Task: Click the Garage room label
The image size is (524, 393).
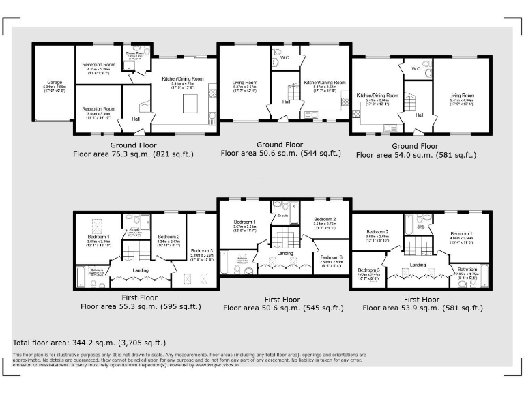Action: coord(55,83)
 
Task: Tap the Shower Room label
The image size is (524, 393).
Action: coord(134,53)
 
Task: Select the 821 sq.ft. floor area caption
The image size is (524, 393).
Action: coord(133,154)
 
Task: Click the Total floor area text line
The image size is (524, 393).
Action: coord(89,342)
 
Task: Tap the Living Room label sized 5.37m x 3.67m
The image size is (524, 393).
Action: coord(244,83)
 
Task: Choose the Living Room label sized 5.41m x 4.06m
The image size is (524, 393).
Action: coord(461,96)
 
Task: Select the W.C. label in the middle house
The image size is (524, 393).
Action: coord(285,58)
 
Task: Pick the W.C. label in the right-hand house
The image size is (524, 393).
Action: coord(416,69)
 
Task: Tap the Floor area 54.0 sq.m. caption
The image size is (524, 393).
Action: coord(416,155)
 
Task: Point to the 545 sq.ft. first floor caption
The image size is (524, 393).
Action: coord(282,308)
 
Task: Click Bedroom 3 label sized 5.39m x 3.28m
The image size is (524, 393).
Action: coord(203,252)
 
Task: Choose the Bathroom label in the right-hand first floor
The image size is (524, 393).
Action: coord(467,270)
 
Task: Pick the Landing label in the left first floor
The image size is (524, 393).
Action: coord(141,270)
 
